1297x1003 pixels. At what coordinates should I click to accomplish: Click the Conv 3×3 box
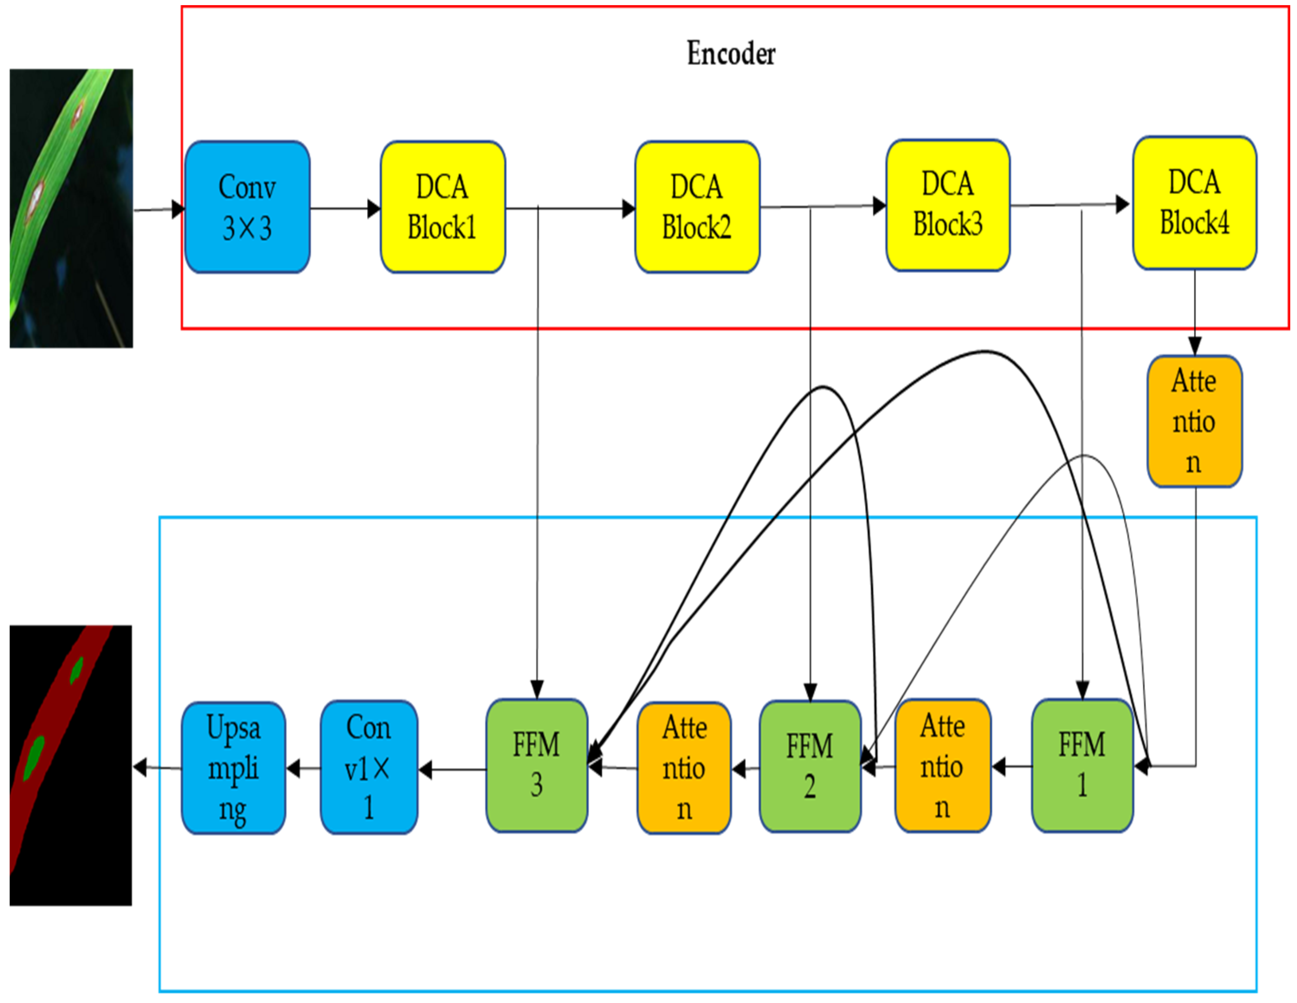pos(247,207)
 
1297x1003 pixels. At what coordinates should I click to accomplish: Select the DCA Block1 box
pos(442,207)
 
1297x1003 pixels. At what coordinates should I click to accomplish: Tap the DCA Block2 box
pos(697,207)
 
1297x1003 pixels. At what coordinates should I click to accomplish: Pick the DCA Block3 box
pos(948,206)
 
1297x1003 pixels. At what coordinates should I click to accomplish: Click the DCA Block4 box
pos(1194,203)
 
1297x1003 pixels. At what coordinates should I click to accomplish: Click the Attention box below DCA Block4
pos(1194,421)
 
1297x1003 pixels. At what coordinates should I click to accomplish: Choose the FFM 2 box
pos(810,767)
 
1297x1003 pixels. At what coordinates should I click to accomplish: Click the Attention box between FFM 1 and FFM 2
pos(942,766)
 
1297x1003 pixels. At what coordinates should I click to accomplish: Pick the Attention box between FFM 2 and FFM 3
pos(684,768)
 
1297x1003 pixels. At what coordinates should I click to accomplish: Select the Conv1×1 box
pos(369,767)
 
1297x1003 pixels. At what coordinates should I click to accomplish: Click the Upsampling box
pos(233,768)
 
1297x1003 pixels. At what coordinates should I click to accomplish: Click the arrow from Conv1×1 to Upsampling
pos(303,768)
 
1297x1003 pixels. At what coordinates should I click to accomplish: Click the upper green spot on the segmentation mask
pos(76,670)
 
